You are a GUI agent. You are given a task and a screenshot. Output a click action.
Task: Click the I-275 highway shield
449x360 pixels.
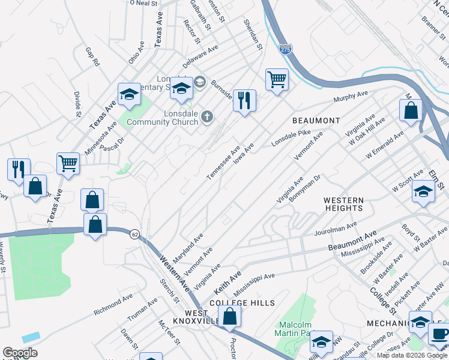285,50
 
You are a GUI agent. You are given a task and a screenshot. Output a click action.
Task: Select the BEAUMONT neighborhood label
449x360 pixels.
316,121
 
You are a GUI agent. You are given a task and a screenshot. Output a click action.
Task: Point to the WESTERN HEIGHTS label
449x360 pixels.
343,204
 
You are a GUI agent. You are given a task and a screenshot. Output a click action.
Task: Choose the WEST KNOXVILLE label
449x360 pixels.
196,317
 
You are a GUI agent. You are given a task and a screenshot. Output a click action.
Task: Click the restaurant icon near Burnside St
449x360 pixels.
244,100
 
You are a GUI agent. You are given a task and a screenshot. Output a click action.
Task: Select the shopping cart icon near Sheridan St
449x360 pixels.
277,79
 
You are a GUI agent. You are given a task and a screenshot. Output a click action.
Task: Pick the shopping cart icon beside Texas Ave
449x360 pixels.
68,163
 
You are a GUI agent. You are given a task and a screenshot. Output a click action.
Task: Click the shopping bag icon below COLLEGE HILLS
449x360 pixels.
229,316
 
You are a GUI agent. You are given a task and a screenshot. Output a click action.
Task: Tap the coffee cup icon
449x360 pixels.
440,334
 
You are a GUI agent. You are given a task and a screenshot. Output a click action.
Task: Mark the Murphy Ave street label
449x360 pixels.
351,96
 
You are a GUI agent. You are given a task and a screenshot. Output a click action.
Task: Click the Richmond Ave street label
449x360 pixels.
113,305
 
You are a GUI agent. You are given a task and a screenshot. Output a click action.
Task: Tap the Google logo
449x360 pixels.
20,353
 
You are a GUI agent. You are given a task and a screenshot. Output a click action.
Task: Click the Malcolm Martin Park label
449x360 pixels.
294,328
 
